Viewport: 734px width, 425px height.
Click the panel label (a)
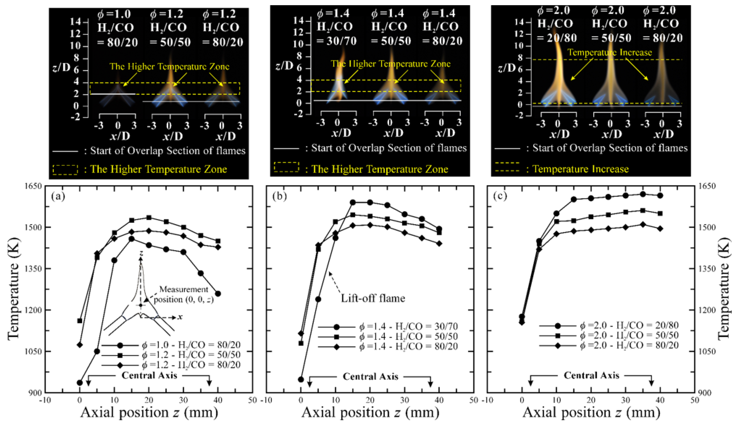click(58, 197)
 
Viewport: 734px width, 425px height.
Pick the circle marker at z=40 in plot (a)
click(218, 294)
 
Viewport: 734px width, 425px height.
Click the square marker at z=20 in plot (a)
click(149, 218)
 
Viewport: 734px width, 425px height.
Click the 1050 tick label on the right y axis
click(708, 352)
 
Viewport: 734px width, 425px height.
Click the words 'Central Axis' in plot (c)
click(591, 376)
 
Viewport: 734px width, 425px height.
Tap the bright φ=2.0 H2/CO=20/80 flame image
click(559, 73)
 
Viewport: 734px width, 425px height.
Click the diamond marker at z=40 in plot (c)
click(660, 229)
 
